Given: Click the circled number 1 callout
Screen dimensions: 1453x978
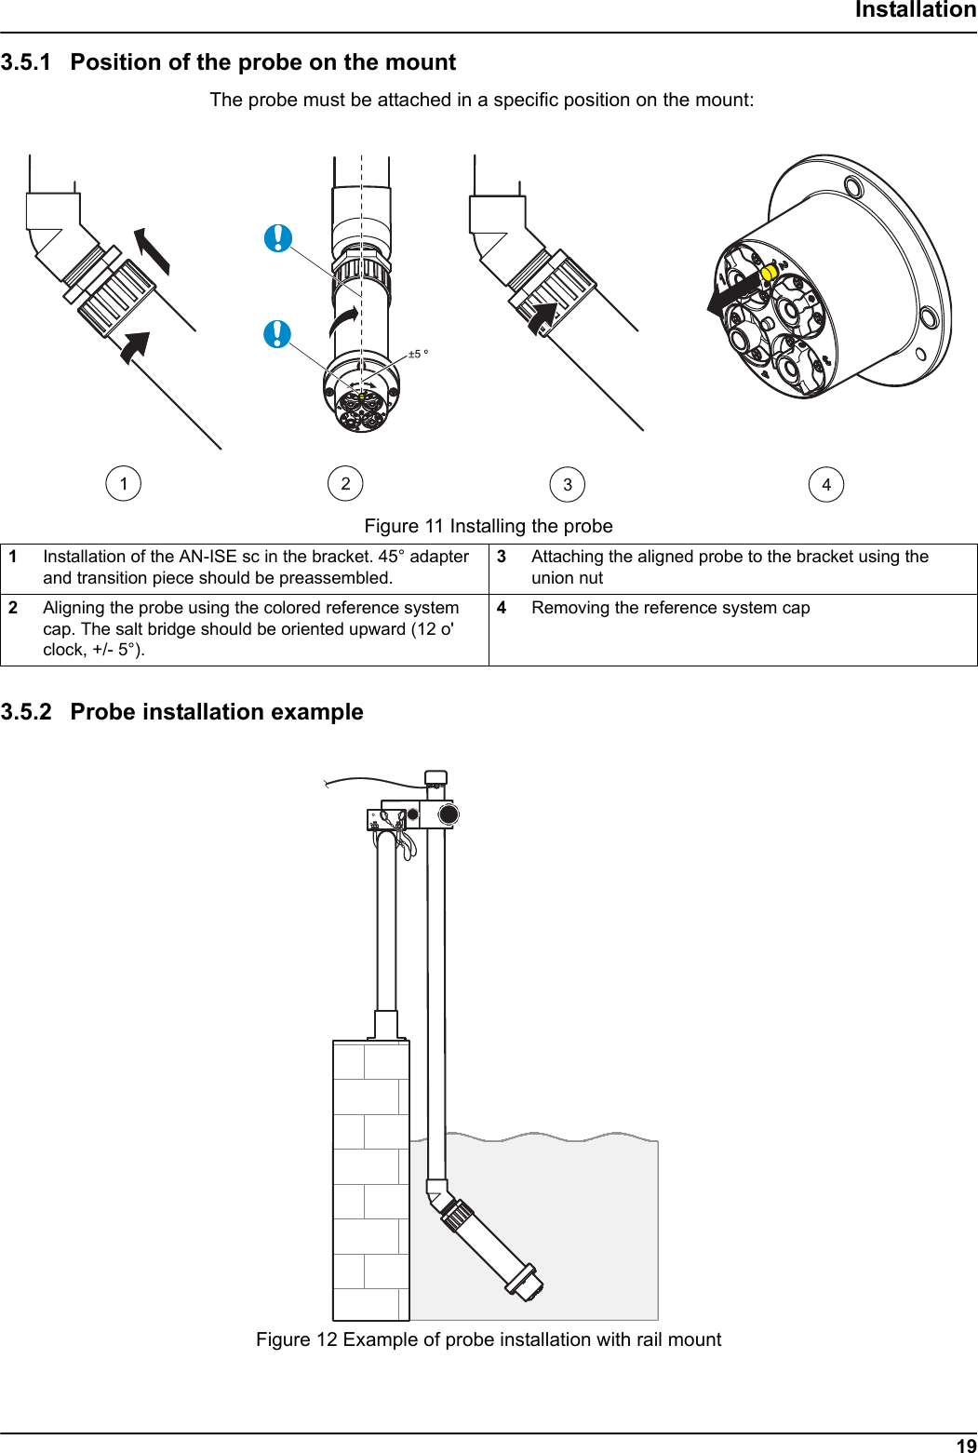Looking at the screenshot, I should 124,484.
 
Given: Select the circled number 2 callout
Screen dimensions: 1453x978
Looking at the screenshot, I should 345,483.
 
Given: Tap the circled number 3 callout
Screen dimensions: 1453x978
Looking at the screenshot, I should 568,485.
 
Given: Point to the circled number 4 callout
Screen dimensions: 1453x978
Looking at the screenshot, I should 826,485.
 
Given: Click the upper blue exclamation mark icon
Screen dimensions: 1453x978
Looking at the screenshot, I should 278,238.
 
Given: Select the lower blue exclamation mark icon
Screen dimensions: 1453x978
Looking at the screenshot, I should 277,333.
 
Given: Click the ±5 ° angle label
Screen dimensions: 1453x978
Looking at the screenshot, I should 419,354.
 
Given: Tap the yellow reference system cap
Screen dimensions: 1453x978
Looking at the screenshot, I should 770,274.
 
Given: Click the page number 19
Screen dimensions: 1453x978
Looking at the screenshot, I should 966,1445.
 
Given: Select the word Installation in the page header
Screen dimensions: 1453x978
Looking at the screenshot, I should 915,10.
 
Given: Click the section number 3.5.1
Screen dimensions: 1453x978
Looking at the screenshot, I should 26,62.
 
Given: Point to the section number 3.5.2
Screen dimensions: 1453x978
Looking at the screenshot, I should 26,712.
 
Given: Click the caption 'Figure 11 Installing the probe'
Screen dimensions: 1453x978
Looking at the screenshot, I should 489,526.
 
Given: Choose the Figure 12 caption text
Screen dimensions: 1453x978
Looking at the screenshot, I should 489,1339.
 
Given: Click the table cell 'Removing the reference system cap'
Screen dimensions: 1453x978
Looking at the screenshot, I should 670,608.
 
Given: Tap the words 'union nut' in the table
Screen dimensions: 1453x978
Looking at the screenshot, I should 568,578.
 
